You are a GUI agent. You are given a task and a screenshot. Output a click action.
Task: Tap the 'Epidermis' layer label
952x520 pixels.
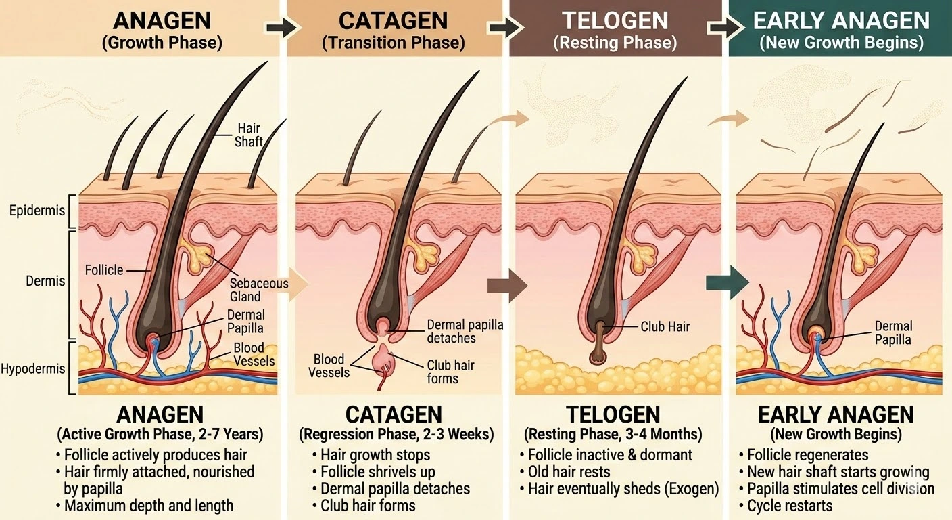point(37,210)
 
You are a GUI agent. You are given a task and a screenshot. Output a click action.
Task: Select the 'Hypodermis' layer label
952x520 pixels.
point(33,369)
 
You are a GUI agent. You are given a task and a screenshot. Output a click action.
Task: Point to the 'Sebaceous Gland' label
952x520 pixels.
point(259,290)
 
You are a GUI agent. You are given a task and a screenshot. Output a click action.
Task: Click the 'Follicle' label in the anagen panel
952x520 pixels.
point(104,270)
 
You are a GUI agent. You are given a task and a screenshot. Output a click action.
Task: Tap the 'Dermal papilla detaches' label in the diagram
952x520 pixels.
point(465,331)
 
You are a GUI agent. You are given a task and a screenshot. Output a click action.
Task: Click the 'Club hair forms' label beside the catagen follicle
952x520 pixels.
point(450,372)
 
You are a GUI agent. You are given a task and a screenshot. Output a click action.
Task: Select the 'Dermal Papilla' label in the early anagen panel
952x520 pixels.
point(893,333)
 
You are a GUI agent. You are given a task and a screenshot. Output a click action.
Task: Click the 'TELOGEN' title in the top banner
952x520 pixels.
point(615,20)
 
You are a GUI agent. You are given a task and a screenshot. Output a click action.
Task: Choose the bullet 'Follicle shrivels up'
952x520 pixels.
point(377,472)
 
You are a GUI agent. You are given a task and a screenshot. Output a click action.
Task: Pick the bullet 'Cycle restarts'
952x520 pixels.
point(790,506)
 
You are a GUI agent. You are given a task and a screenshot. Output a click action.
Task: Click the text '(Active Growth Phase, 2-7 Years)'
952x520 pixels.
point(160,434)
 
